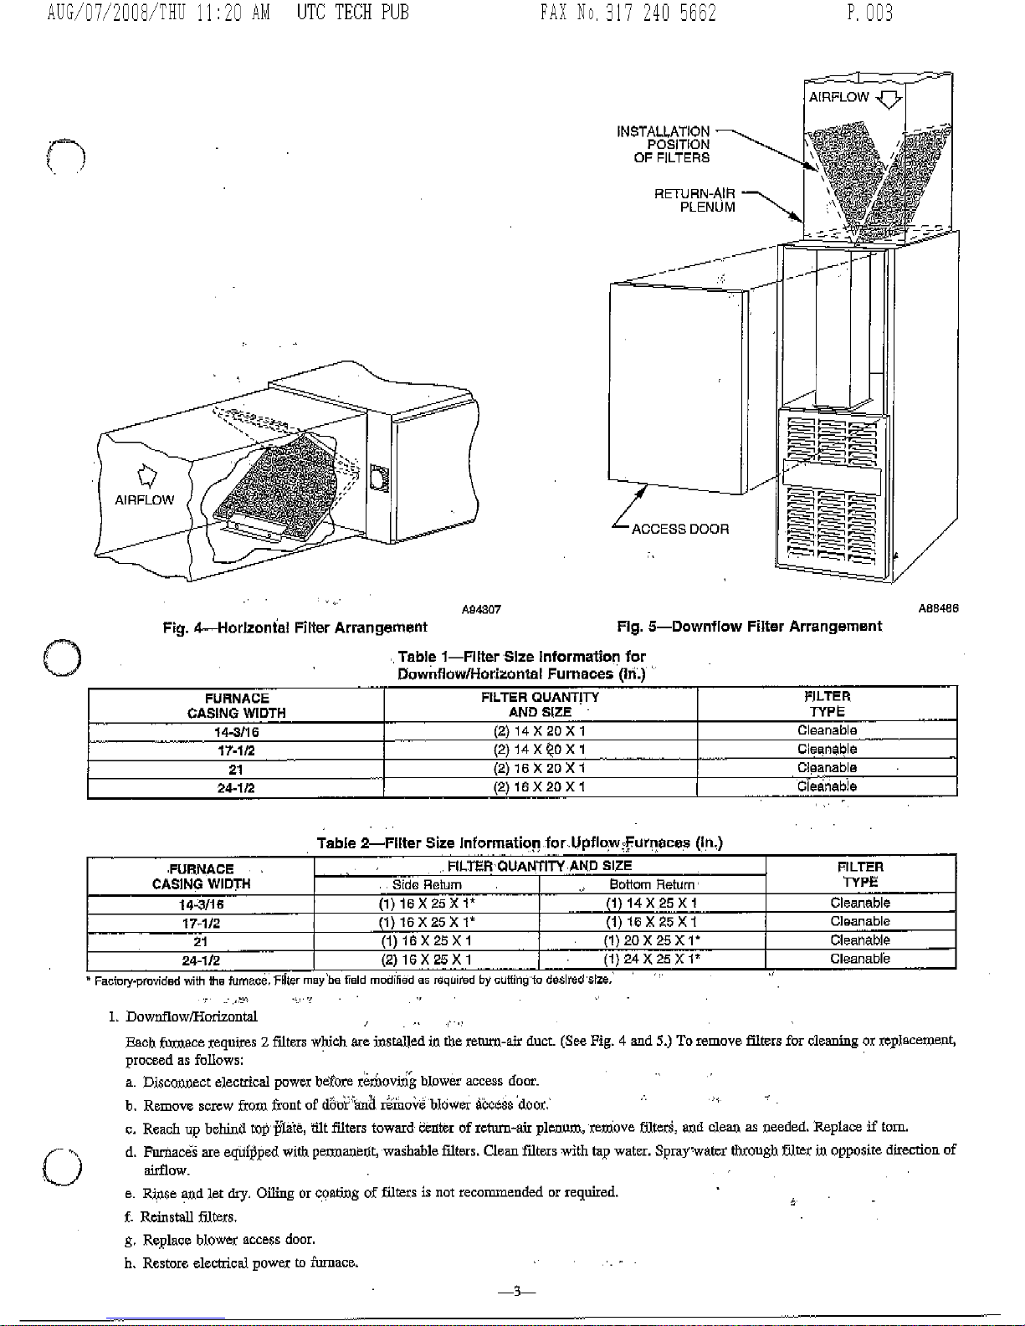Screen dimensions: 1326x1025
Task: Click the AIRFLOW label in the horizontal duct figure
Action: pos(144,500)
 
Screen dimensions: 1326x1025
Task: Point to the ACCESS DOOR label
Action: pos(679,529)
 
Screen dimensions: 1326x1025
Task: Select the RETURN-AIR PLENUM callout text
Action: pos(694,201)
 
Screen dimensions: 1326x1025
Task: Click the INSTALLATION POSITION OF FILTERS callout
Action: pos(663,144)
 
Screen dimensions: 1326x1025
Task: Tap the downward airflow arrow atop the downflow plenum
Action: pos(889,100)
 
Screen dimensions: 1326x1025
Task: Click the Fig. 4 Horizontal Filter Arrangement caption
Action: pos(295,627)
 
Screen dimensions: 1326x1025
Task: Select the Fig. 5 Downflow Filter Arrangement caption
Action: pos(749,627)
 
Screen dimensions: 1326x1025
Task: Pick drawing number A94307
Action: pos(481,610)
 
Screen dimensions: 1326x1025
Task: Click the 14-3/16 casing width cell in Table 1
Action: pos(236,732)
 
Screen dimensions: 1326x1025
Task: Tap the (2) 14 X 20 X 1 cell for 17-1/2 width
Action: pos(540,750)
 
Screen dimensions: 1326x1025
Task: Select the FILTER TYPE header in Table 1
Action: pos(827,704)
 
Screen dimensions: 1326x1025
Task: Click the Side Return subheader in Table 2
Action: pos(427,885)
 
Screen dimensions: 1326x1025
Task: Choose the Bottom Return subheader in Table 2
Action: pos(652,885)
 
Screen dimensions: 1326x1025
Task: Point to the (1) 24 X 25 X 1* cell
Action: pos(652,960)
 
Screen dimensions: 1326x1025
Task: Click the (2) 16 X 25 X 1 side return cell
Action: pos(427,960)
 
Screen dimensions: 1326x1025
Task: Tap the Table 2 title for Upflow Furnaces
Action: pos(520,842)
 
